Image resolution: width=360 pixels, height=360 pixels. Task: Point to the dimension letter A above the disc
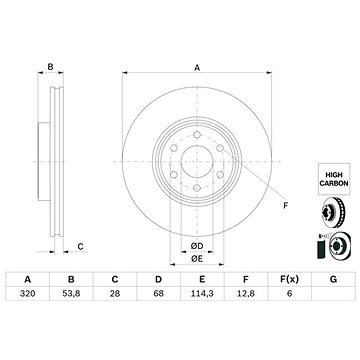click(x=197, y=67)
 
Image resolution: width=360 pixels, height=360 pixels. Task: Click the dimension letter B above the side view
click(x=50, y=67)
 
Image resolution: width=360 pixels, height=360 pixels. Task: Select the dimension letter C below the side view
click(x=81, y=247)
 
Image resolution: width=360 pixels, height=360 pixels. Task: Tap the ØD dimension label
click(x=197, y=246)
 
